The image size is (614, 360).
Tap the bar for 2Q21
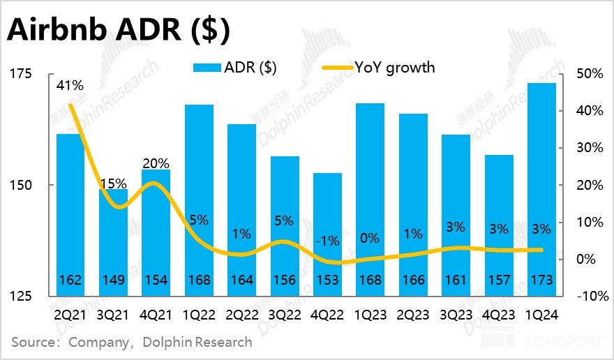click(70, 209)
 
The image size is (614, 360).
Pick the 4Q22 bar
click(327, 230)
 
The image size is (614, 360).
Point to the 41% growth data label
click(70, 86)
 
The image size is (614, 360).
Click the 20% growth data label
click(156, 163)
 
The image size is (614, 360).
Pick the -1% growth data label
click(327, 241)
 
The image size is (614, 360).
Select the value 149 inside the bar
click(113, 280)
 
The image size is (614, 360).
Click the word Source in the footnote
click(32, 343)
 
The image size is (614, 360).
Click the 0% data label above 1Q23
click(370, 238)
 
